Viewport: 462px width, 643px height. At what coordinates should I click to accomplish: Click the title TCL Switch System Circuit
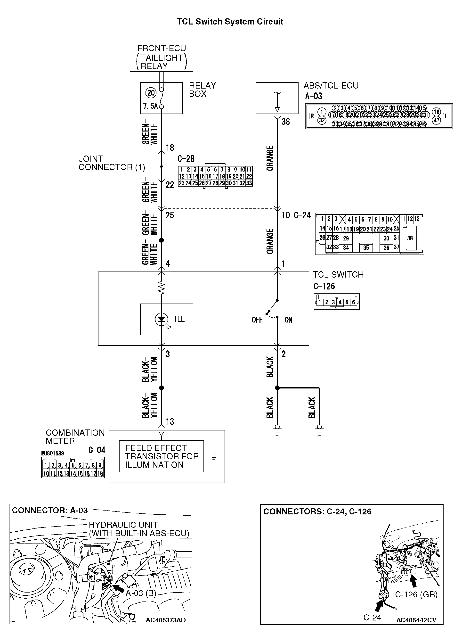pos(230,22)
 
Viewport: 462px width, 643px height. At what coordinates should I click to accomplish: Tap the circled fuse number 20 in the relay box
pos(151,93)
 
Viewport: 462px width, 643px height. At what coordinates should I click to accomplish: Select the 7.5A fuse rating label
pos(151,106)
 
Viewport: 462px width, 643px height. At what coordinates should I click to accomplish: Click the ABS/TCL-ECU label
pos(331,86)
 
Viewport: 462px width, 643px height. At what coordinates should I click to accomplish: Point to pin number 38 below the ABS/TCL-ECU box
pos(285,122)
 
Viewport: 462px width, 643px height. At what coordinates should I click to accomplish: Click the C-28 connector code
pos(186,159)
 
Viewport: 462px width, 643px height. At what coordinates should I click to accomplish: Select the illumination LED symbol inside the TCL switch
pos(161,320)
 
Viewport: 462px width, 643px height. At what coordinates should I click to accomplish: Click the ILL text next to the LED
pos(179,320)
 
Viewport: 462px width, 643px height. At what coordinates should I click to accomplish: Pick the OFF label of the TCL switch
pos(257,320)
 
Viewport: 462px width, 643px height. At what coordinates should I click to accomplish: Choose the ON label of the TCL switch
pos(288,320)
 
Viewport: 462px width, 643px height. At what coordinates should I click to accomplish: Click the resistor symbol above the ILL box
pos(161,288)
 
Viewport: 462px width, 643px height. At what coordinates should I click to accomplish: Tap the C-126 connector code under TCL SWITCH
pos(324,286)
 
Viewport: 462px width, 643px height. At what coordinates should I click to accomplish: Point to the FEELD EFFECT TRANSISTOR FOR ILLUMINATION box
pos(161,456)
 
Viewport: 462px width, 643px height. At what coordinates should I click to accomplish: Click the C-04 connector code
pos(97,450)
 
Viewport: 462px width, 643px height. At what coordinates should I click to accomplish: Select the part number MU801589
pos(52,453)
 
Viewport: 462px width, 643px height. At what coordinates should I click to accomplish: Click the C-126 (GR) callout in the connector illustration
pos(416,594)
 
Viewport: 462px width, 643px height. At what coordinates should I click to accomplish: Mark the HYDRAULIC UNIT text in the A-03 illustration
pos(123,525)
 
